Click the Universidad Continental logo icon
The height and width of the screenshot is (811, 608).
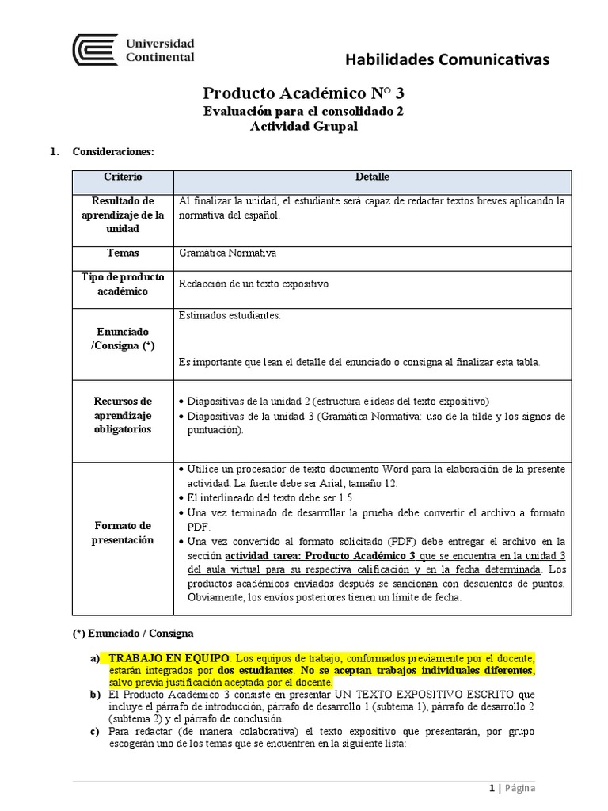tap(94, 50)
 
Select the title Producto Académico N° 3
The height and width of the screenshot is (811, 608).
tap(304, 93)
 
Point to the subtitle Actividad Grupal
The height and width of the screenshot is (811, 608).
tap(304, 127)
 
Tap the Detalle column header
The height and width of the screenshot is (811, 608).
tap(372, 177)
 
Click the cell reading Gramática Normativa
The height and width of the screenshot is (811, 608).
tap(228, 253)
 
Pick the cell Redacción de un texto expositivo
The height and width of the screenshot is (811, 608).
tap(253, 284)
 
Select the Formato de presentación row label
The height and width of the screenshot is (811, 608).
tap(123, 533)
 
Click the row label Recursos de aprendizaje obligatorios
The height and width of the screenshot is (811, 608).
tap(123, 415)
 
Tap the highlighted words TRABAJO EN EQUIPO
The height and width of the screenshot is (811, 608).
tap(169, 658)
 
